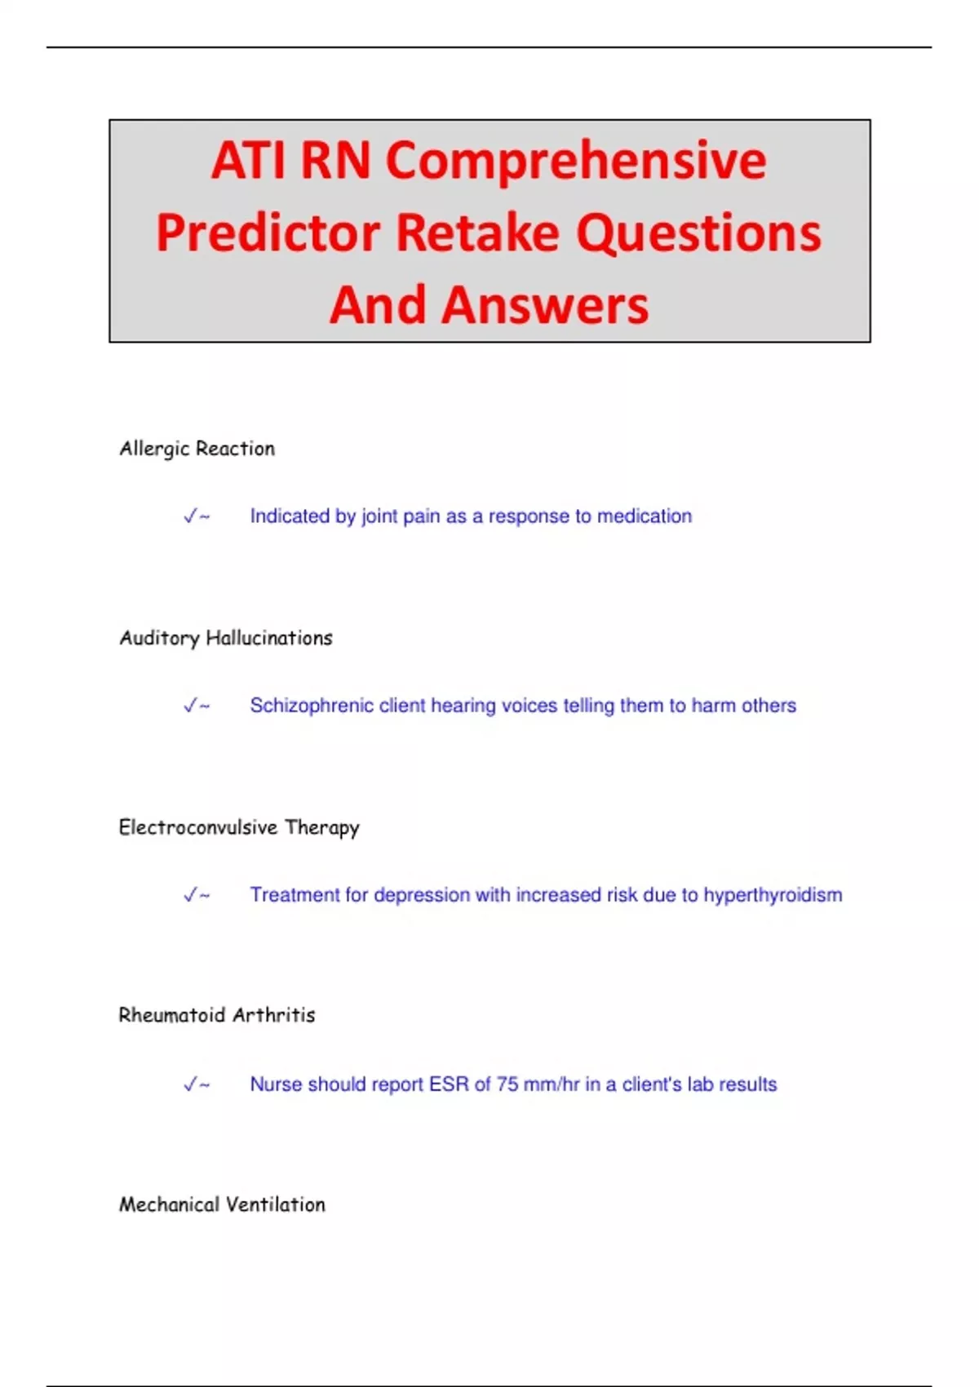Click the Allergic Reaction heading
pyautogui.click(x=197, y=449)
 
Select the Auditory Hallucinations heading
pyautogui.click(x=225, y=638)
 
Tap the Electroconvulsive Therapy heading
pyautogui.click(x=239, y=828)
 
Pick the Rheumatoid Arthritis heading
pyautogui.click(x=217, y=1015)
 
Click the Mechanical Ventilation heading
pyautogui.click(x=222, y=1204)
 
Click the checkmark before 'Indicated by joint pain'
pyautogui.click(x=191, y=516)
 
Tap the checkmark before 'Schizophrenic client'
pyautogui.click(x=191, y=705)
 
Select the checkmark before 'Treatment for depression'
pyautogui.click(x=191, y=895)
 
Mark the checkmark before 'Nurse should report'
pyautogui.click(x=191, y=1084)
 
